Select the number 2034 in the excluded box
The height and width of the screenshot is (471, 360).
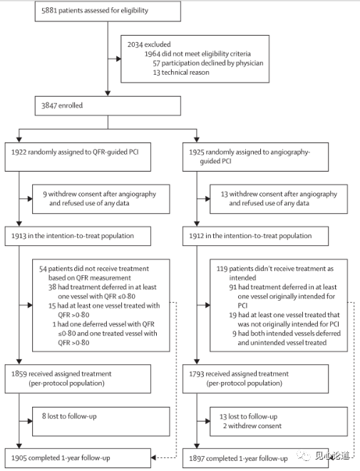point(135,44)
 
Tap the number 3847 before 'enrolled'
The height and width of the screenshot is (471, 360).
point(49,105)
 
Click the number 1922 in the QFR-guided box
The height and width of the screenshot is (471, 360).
point(19,152)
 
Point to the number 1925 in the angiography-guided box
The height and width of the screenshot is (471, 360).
point(197,152)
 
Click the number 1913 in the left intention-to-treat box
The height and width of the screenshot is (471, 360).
point(19,236)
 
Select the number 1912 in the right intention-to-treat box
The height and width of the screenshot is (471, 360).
point(197,236)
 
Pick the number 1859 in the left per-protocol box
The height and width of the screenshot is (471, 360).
point(19,373)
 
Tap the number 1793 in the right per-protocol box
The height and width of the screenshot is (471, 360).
point(197,373)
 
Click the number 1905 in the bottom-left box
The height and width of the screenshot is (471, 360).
point(19,457)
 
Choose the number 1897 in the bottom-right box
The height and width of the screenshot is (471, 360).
point(197,458)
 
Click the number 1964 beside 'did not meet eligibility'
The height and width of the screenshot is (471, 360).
point(153,53)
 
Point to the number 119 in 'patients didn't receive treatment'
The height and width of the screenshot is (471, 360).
point(222,269)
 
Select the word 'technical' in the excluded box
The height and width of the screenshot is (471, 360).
point(173,73)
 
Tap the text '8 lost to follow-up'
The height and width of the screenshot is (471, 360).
point(69,416)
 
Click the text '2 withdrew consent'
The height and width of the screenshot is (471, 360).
point(252,425)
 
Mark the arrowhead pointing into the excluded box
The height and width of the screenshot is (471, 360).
point(118,58)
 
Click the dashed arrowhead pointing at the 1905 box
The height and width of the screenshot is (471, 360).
point(153,457)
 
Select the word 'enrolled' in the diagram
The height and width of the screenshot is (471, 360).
point(71,105)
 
